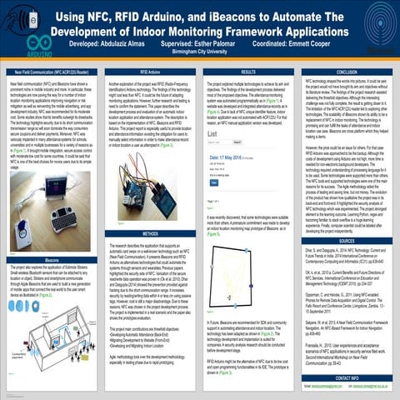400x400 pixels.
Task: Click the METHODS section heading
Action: [x=151, y=235]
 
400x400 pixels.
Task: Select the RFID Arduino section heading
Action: [x=151, y=72]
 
